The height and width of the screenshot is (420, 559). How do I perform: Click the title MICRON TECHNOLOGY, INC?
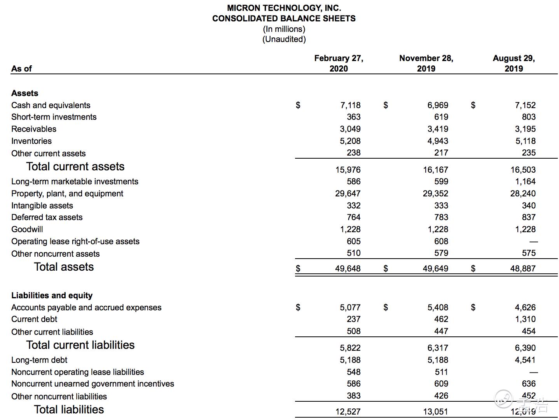point(284,8)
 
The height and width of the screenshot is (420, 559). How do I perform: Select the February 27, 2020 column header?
point(339,63)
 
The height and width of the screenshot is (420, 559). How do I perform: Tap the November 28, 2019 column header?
point(426,63)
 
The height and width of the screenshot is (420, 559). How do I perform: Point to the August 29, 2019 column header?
point(514,63)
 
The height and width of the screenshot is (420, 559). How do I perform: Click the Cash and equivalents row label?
point(51,105)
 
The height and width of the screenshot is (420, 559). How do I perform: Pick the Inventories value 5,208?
point(350,141)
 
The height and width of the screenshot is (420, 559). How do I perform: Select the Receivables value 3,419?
point(438,129)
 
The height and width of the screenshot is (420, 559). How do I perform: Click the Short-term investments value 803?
point(529,117)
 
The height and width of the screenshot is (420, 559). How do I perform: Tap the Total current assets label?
point(75,167)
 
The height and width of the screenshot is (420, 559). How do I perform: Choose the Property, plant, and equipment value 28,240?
point(523,194)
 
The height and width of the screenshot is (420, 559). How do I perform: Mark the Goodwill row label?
point(27,229)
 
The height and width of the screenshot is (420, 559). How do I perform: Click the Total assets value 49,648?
point(348,269)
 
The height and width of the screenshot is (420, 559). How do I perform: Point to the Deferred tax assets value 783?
point(441,217)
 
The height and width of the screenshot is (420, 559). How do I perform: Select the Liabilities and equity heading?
point(52,296)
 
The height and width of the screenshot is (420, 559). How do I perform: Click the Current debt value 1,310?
point(525,319)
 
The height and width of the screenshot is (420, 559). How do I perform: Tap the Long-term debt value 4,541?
point(525,360)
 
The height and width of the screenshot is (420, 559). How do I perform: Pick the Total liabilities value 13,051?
point(435,411)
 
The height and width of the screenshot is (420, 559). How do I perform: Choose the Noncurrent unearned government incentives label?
point(93,384)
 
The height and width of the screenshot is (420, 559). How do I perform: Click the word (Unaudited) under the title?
point(284,39)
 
